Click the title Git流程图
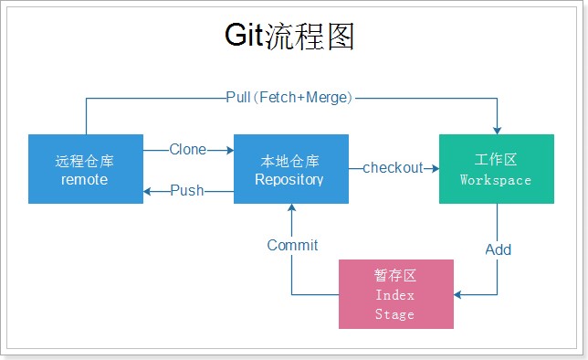click(x=289, y=36)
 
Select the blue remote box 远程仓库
click(x=86, y=169)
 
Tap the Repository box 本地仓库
click(x=291, y=169)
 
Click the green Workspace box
click(x=497, y=169)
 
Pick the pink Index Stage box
click(x=396, y=294)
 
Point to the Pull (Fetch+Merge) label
click(x=289, y=98)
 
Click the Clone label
click(x=188, y=150)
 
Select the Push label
click(x=187, y=190)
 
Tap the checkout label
click(x=393, y=168)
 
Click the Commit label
click(x=292, y=245)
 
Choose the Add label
click(x=498, y=249)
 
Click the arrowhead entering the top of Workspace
click(x=498, y=131)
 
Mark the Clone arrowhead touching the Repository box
click(x=230, y=150)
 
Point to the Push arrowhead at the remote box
click(x=147, y=192)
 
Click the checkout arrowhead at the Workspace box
click(x=436, y=168)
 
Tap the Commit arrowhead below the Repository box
click(x=292, y=207)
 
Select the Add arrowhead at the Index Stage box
click(x=457, y=295)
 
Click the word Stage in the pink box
click(x=394, y=314)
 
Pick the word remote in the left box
click(x=84, y=179)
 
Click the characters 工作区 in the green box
click(x=496, y=160)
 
